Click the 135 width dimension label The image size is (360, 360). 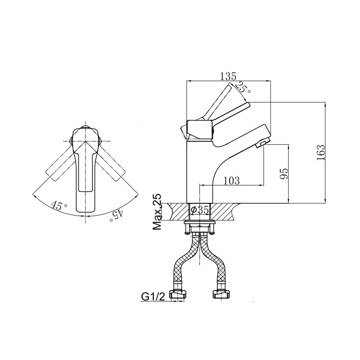228,76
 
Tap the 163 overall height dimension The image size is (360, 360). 321,152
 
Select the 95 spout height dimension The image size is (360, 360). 284,174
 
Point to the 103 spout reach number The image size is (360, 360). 231,181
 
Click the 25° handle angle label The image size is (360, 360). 243,88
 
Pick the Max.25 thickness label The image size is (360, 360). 157,212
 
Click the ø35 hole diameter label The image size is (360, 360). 199,210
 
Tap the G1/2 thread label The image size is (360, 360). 153,297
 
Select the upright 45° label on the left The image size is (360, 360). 59,205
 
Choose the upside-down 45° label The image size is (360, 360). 116,215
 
